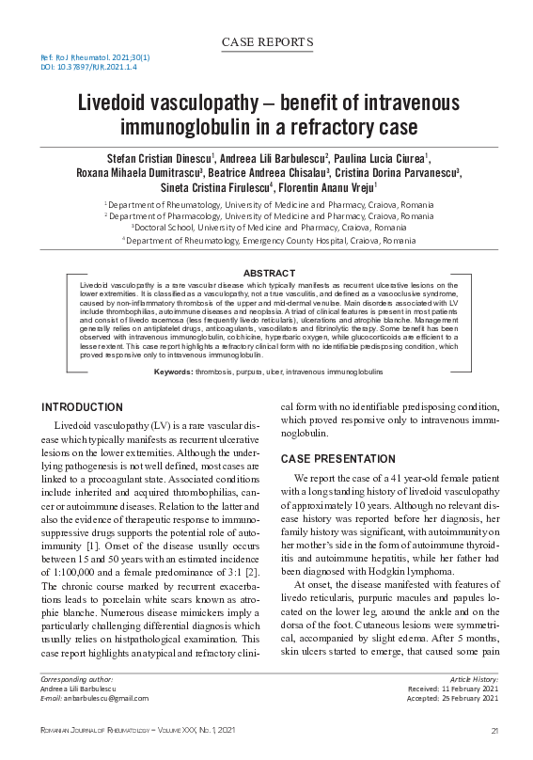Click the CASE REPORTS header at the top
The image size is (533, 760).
266,42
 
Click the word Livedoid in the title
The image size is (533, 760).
118,103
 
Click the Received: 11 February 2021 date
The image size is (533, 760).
454,689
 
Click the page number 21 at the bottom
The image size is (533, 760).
494,731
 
